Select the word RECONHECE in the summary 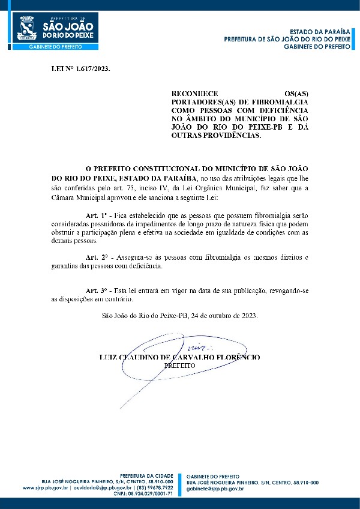(190, 94)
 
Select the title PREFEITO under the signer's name (180, 365)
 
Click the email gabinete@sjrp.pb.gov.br (215, 489)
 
